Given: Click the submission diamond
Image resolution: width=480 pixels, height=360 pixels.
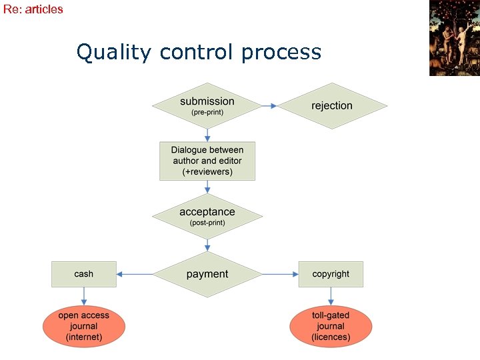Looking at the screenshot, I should (207, 106).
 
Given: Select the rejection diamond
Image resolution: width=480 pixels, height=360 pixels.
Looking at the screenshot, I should (332, 106).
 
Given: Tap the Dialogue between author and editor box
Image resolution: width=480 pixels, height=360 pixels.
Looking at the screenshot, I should (207, 161).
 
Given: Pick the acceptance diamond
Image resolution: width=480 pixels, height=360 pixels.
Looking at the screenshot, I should (207, 217).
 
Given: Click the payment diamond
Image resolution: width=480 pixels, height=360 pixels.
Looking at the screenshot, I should (207, 274).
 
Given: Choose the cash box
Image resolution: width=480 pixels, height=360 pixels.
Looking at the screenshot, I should (84, 274).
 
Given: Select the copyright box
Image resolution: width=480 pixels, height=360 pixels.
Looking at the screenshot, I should (331, 274).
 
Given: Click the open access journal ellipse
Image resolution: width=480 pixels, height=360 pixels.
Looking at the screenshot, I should (84, 326).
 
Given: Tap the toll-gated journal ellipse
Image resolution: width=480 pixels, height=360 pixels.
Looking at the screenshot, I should (331, 326).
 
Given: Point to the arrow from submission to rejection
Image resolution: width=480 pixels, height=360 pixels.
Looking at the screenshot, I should (269, 106).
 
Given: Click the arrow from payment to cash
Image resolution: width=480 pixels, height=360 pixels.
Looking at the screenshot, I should (134, 274).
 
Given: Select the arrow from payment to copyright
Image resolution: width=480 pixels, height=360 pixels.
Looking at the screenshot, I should (280, 274).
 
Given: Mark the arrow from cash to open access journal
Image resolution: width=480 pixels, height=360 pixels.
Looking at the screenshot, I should (84, 297).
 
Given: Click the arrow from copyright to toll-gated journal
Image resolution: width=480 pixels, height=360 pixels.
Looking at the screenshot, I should (331, 297).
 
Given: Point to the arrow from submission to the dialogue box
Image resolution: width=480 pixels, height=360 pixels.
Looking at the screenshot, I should (207, 135).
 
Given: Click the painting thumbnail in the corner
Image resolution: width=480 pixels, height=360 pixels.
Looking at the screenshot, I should (454, 38).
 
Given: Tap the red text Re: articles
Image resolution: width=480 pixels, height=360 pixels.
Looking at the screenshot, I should (33, 9).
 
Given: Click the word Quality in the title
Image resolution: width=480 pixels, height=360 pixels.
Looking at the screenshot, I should (114, 52).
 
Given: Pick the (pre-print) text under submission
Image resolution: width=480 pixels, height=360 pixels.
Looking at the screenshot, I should (207, 113).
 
